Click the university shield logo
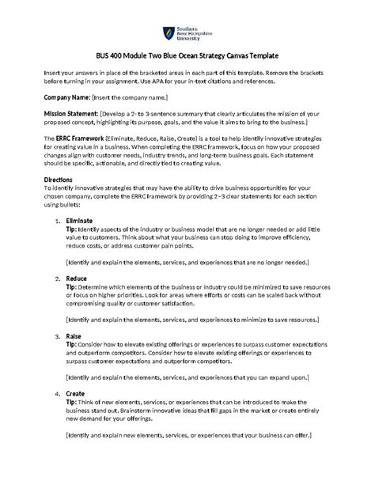pyautogui.click(x=168, y=33)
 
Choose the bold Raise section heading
pyautogui.click(x=74, y=335)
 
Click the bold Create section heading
pyautogui.click(x=76, y=392)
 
